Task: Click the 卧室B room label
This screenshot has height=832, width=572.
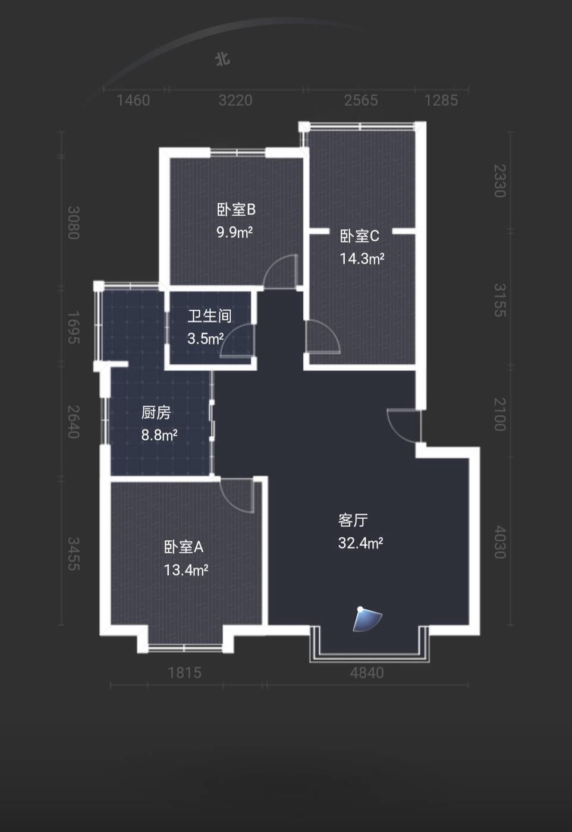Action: (x=236, y=210)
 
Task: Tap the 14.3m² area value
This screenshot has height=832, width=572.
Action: (x=362, y=259)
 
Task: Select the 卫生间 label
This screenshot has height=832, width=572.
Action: (x=210, y=316)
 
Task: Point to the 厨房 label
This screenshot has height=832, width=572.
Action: (x=156, y=412)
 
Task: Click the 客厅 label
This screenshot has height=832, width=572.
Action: (x=353, y=521)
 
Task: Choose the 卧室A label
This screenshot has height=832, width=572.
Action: (x=184, y=547)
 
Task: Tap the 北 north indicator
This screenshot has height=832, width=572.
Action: (x=222, y=59)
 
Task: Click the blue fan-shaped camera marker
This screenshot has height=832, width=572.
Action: (x=366, y=619)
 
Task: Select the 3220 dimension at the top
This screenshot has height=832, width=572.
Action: (x=235, y=100)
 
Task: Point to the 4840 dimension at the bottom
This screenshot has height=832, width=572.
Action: (x=367, y=673)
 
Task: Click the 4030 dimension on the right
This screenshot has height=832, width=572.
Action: (x=500, y=542)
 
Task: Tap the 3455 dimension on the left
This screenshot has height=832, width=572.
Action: (x=74, y=554)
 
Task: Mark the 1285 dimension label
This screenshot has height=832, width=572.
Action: (x=441, y=100)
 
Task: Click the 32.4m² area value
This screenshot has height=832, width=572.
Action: (x=360, y=543)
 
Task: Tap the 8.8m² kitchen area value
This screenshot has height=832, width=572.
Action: (x=159, y=435)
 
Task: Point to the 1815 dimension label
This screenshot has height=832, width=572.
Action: (x=185, y=673)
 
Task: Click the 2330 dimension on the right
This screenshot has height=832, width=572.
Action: (x=500, y=181)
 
